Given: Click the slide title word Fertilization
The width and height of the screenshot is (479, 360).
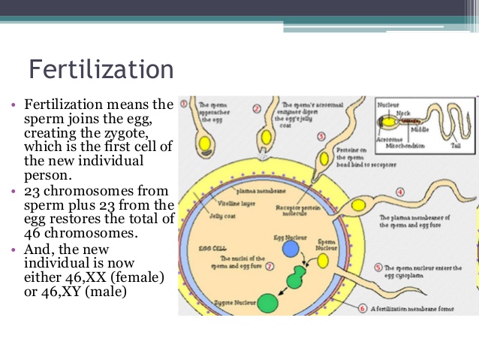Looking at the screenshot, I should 101,69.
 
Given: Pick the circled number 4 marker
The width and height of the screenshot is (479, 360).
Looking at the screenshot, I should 400,193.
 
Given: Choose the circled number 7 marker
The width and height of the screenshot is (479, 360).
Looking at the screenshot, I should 270,266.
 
